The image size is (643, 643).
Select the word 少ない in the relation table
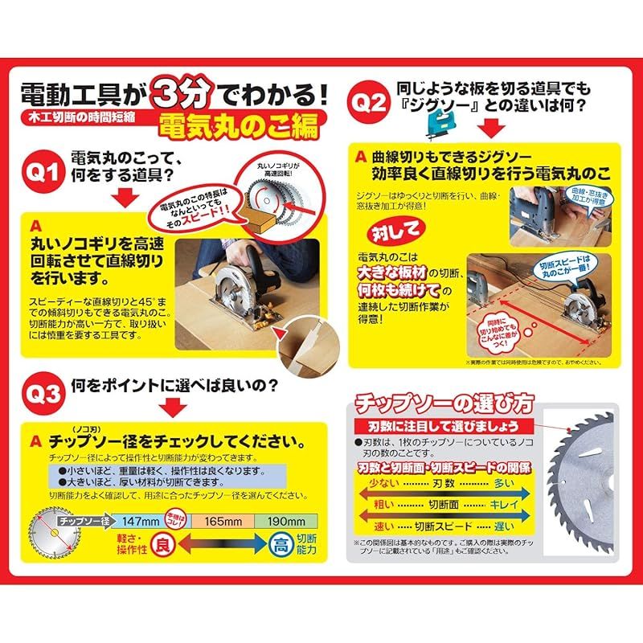coord(376,484)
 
